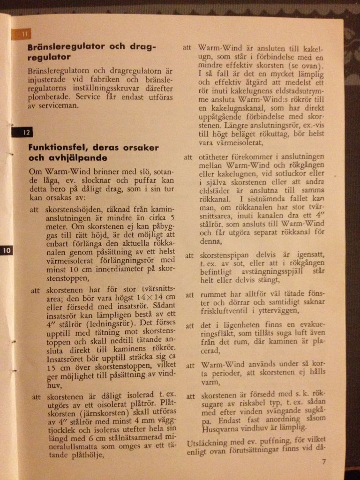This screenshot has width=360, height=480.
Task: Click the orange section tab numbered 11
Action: point(25,34)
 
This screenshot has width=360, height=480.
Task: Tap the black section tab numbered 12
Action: point(25,133)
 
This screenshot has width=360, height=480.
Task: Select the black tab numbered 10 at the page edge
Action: point(6,250)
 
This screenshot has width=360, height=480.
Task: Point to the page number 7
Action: point(324,461)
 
